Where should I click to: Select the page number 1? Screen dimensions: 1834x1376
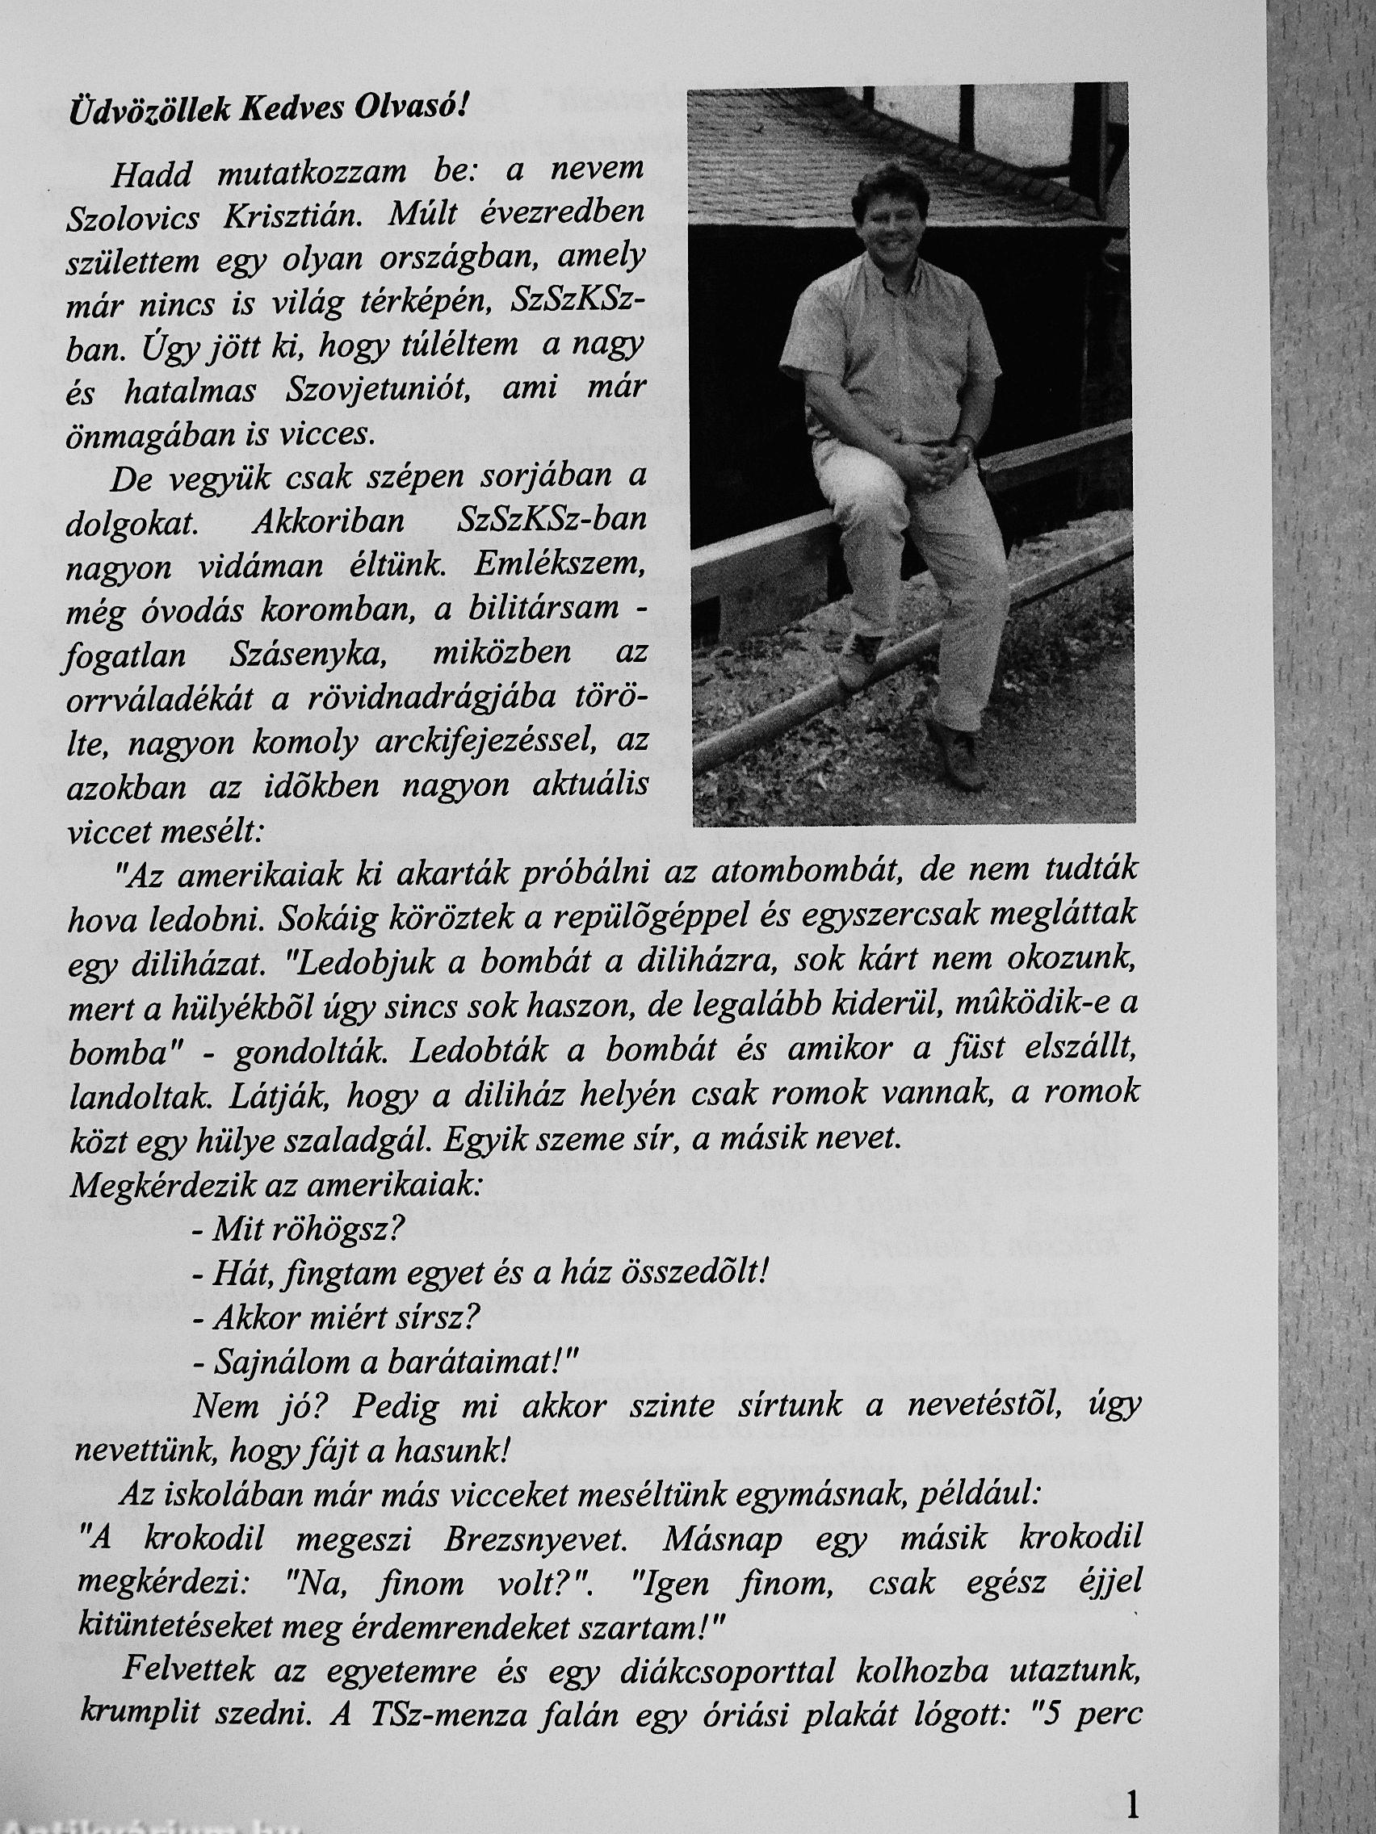1135,1798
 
